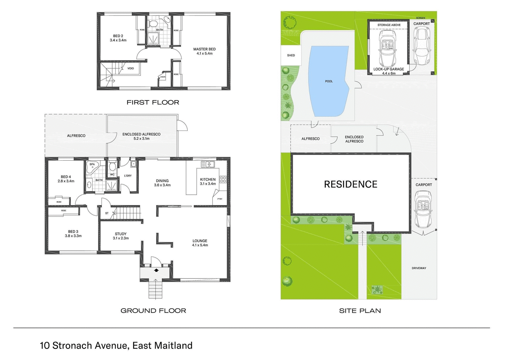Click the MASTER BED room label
(x=204, y=49)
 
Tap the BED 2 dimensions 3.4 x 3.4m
(x=118, y=40)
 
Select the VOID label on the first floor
(x=130, y=68)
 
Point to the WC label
(x=112, y=174)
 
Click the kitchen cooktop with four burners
(x=223, y=179)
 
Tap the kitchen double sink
(x=208, y=164)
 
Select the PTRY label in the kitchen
(x=220, y=199)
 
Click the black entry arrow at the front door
(x=156, y=270)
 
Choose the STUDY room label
(x=121, y=234)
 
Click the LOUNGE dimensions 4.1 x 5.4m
(x=200, y=245)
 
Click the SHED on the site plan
(x=291, y=55)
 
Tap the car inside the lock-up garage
(x=387, y=49)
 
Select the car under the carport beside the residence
(x=423, y=210)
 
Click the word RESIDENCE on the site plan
(x=351, y=184)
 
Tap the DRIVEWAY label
(x=419, y=268)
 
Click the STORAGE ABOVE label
(x=389, y=25)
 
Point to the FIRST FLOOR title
(x=153, y=102)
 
